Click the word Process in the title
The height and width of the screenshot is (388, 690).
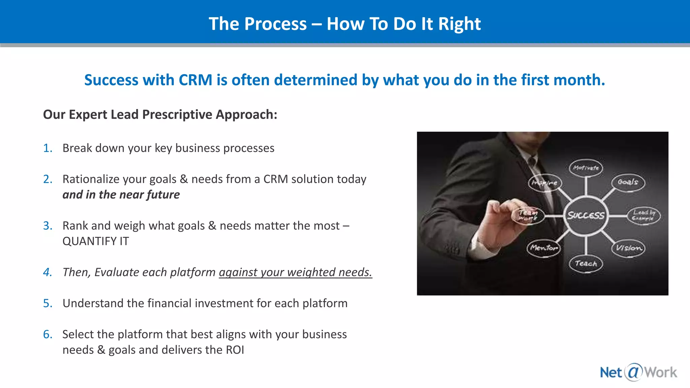point(275,24)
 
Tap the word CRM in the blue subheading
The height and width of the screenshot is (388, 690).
point(195,80)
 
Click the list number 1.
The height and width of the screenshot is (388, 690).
point(48,148)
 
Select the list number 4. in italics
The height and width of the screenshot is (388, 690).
point(48,272)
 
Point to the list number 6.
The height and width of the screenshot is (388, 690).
point(48,334)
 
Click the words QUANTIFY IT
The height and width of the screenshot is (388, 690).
point(96,241)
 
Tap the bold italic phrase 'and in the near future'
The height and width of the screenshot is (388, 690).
point(121,195)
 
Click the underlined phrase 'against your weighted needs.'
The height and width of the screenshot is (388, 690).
point(295,272)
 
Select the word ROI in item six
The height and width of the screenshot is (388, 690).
point(235,350)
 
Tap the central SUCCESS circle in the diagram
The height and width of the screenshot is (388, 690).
point(586,215)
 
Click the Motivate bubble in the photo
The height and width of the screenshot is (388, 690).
point(586,168)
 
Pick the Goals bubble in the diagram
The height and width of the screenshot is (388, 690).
point(628,182)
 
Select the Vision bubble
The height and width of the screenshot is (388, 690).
point(628,248)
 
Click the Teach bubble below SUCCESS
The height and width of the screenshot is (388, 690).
point(586,263)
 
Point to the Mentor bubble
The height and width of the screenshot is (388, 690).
point(543,248)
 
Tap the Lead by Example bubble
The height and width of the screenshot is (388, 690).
point(644,215)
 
